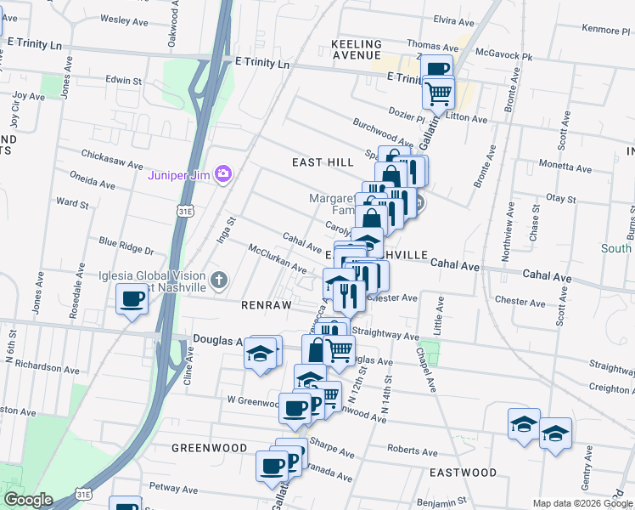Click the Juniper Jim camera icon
pyautogui.click(x=223, y=174)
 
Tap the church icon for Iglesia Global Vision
pyautogui.click(x=218, y=280)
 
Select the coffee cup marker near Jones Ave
pyautogui.click(x=132, y=299)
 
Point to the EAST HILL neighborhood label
pyautogui.click(x=322, y=161)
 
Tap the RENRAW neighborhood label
pyautogui.click(x=266, y=304)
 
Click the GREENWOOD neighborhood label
pyautogui.click(x=209, y=447)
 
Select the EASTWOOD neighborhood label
pyautogui.click(x=463, y=472)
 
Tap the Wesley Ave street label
pyautogui.click(x=119, y=18)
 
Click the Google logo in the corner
pyautogui.click(x=27, y=500)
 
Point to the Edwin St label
pyautogui.click(x=123, y=80)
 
